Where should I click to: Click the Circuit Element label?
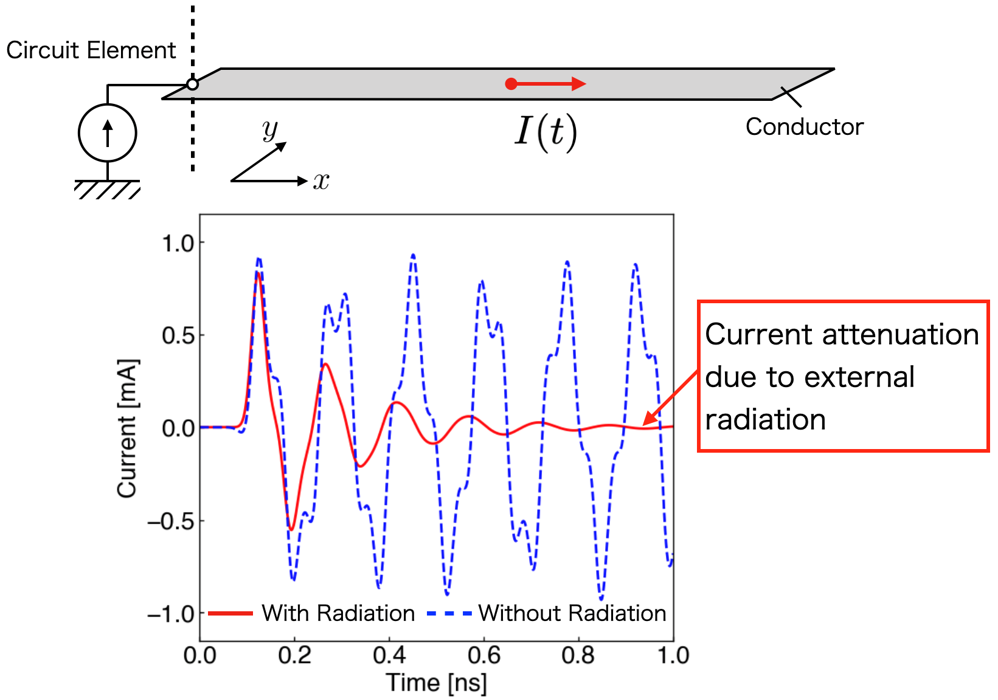(x=91, y=50)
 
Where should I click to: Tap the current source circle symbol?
(x=108, y=133)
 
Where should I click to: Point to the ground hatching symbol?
(x=108, y=189)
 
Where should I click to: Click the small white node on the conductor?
(x=192, y=84)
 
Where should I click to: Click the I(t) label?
(x=546, y=132)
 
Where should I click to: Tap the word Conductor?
(x=804, y=127)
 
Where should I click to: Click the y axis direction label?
(x=269, y=129)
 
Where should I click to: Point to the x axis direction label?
(x=321, y=180)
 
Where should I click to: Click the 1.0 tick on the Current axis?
(x=178, y=243)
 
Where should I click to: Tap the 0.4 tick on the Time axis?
(x=389, y=656)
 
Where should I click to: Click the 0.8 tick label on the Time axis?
(x=578, y=656)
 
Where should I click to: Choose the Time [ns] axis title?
(x=437, y=683)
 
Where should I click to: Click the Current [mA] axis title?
(x=128, y=428)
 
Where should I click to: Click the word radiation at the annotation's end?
(x=765, y=420)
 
